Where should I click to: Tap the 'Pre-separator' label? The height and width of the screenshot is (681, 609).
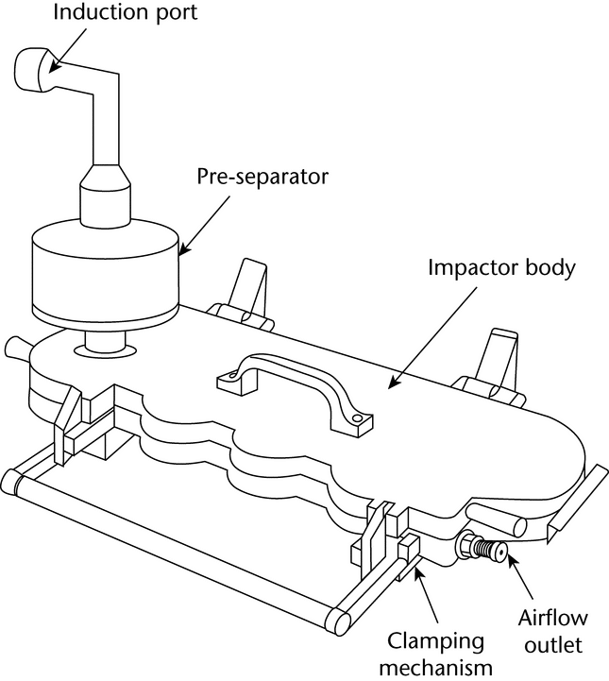(262, 177)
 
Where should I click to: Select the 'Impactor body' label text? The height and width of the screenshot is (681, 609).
(501, 267)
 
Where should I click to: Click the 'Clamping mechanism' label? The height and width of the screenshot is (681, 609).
(439, 655)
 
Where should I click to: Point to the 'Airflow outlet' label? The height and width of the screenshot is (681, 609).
(551, 634)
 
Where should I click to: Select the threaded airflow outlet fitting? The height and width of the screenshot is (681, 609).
(482, 546)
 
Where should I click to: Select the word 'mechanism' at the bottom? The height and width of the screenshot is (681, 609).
(439, 669)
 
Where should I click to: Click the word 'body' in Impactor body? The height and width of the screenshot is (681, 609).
(551, 267)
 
